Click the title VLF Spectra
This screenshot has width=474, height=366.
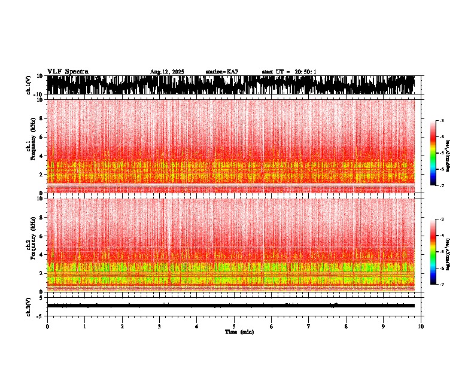tap(68, 72)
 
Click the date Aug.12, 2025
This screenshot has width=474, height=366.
tap(167, 72)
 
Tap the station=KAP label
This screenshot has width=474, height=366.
tap(222, 72)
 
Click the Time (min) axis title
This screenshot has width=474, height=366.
tap(239, 331)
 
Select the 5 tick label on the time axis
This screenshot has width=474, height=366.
tap(234, 327)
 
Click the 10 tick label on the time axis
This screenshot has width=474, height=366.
tap(421, 327)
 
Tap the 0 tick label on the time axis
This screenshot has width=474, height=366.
tap(47, 327)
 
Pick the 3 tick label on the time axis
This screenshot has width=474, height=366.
tap(159, 327)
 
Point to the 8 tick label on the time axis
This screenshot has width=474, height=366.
tap(346, 327)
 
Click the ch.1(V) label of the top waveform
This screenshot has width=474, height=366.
tap(28, 85)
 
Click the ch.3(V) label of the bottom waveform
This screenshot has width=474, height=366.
tap(28, 306)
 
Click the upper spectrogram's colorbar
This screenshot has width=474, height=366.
tap(433, 153)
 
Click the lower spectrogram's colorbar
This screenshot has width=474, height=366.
tap(433, 252)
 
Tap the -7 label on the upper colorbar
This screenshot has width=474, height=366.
tap(441, 186)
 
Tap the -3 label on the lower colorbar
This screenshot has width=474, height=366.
tap(441, 219)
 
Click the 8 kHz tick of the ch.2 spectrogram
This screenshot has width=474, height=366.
tap(42, 217)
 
